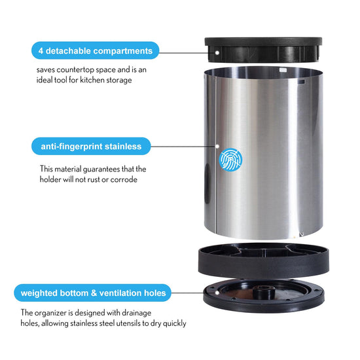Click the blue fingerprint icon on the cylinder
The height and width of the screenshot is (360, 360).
click(x=230, y=160)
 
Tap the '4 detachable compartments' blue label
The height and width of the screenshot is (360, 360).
click(x=95, y=50)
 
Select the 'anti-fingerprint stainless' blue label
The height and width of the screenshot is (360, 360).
click(x=91, y=146)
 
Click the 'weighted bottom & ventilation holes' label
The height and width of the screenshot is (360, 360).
click(x=93, y=293)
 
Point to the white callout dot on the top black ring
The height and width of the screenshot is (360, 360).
click(x=217, y=52)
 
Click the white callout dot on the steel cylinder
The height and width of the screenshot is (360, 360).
click(x=217, y=146)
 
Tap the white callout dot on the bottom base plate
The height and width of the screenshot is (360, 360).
click(x=217, y=293)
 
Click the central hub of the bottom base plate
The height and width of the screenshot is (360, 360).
click(x=262, y=291)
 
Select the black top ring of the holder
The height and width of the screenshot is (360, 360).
click(x=263, y=50)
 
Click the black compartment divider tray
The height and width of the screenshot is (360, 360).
click(x=264, y=261)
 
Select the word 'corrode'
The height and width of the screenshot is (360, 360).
click(x=124, y=179)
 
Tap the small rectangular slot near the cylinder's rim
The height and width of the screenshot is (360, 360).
click(x=301, y=81)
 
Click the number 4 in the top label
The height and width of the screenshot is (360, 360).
click(x=41, y=51)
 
